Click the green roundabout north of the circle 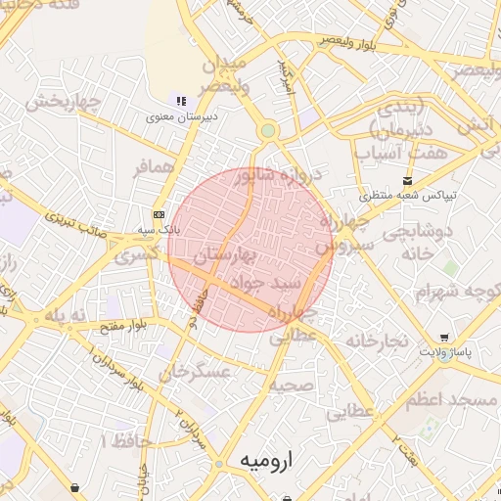tap(267, 131)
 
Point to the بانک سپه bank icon tap(159, 215)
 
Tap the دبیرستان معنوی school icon tap(180, 100)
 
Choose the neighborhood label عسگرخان tap(196, 372)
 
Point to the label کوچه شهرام tap(449, 292)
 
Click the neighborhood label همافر tap(155, 167)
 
